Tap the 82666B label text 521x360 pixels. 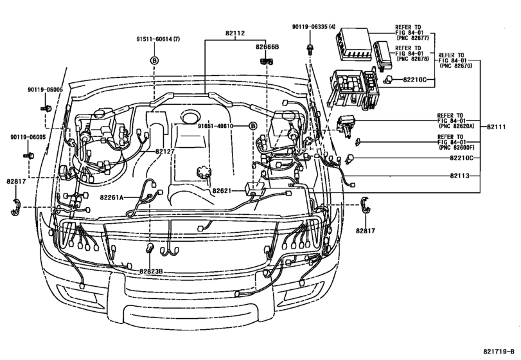(x=266, y=47)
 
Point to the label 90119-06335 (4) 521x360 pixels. (x=312, y=26)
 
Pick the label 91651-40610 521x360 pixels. (x=215, y=126)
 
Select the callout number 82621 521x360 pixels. (x=222, y=191)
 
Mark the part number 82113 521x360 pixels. (x=461, y=175)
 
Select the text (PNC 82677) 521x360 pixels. (x=414, y=38)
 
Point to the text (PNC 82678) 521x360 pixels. (x=414, y=59)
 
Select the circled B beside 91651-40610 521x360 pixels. (x=253, y=126)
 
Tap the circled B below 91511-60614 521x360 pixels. (x=154, y=60)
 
